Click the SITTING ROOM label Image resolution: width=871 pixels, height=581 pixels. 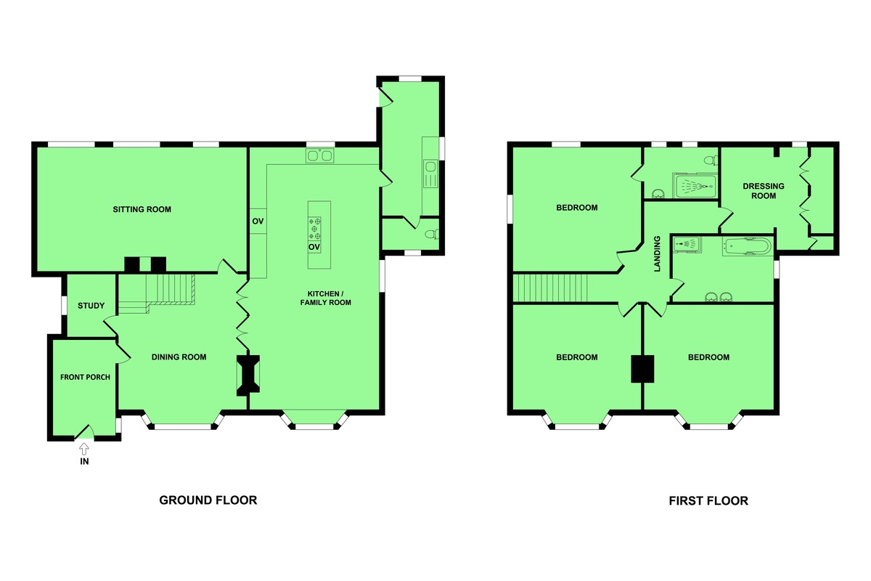(142, 209)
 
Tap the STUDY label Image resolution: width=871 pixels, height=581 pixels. (91, 306)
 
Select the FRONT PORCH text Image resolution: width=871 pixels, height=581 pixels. (85, 377)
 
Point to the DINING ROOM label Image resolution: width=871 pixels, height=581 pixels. (179, 357)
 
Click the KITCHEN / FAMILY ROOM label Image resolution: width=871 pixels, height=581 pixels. (325, 298)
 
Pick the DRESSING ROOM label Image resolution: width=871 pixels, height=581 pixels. (764, 191)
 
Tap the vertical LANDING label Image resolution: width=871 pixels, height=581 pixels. (657, 253)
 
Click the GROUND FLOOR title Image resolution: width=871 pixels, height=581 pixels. (208, 500)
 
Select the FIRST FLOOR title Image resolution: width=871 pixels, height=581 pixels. (708, 500)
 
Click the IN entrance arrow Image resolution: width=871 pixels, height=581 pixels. (84, 450)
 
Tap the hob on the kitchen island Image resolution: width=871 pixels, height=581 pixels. (315, 229)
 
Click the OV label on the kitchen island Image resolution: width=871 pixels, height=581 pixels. (314, 247)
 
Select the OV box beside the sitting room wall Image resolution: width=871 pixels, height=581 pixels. (258, 221)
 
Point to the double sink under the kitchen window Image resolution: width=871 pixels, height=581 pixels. (319, 155)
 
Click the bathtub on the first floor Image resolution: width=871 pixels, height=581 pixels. (747, 246)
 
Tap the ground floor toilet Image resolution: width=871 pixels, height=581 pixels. (432, 234)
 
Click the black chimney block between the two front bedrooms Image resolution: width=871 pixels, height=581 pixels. (642, 368)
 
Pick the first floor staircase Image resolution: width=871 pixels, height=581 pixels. (549, 288)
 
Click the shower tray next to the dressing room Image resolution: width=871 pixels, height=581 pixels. (695, 186)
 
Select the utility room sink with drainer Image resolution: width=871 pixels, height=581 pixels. (430, 174)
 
